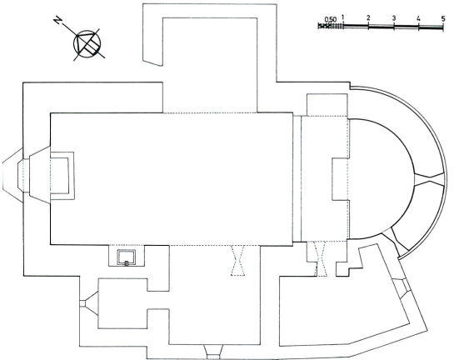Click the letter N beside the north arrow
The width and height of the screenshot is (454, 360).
coord(58,20)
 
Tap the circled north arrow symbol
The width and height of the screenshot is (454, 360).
coord(87,43)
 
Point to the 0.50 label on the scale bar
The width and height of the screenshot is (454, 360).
coord(331,19)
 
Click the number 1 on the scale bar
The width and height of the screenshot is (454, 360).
coord(343,17)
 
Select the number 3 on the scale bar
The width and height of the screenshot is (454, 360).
coord(394,18)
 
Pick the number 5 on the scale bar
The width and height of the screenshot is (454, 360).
coord(443,18)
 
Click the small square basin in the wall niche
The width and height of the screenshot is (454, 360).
coord(127,257)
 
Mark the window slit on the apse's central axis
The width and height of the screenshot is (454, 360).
coord(429,178)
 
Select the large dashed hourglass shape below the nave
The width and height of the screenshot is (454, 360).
coord(237,260)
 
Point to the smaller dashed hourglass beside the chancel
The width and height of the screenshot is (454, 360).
coord(320,258)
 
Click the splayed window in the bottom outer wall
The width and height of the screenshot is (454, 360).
coord(213,352)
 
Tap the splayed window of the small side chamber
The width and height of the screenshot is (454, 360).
coord(88,303)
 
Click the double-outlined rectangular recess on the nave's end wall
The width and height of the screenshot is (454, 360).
coord(62,176)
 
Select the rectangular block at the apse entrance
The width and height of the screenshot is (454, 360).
coord(340,179)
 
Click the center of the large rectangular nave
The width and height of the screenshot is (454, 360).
coord(172,178)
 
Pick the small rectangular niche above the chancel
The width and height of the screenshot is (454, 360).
coord(327,104)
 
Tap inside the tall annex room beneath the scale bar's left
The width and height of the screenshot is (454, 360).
coord(210,65)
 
